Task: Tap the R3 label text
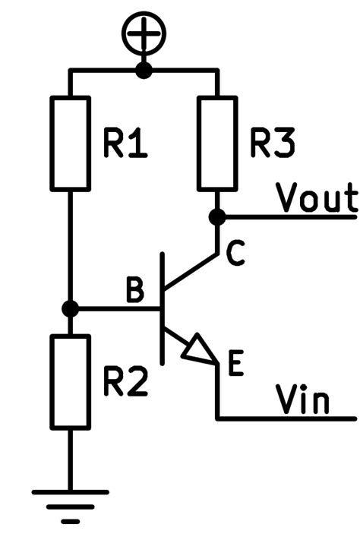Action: click(270, 144)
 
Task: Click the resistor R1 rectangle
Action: click(70, 143)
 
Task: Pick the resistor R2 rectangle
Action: click(70, 382)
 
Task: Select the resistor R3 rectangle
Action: click(217, 143)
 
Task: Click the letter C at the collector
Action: click(236, 256)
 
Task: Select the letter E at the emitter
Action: click(235, 366)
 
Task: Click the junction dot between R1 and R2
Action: click(70, 309)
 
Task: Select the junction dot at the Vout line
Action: click(217, 217)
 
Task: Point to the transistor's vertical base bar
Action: click(162, 308)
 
